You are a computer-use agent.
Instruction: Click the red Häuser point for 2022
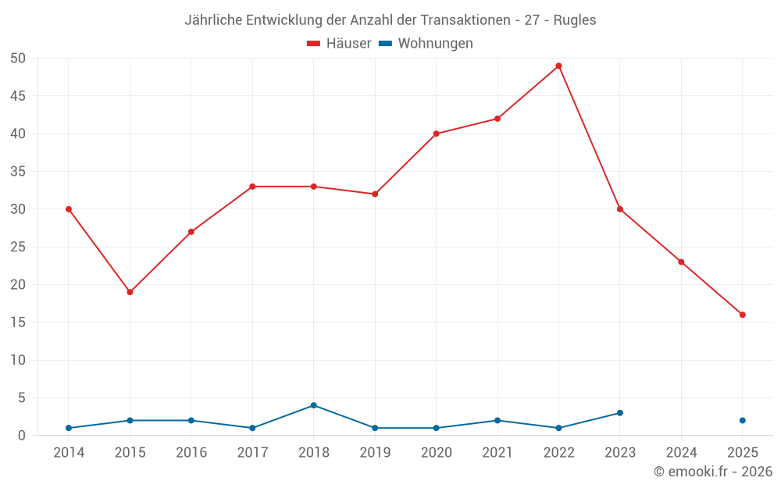coord(558,66)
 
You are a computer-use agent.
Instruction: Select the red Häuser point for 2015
coord(130,292)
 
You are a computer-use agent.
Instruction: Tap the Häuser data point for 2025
coord(742,315)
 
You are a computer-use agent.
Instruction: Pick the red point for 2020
coord(436,134)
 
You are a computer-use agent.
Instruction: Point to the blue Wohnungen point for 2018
coord(313,405)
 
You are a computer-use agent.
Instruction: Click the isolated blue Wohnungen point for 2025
coord(742,420)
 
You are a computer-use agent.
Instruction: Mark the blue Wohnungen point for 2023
coord(619,413)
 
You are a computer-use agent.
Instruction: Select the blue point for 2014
coord(69,428)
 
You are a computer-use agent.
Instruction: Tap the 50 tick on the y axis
coord(18,59)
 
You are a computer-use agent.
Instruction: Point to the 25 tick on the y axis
coord(18,247)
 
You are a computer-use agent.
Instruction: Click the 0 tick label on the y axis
coord(22,436)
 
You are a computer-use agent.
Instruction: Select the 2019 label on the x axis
coord(375,453)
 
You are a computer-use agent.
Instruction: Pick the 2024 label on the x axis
coord(681,453)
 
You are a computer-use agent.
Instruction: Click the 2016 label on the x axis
coord(191,453)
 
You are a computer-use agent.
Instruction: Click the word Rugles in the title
coord(575,20)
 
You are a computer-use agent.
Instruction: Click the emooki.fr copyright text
coord(712,472)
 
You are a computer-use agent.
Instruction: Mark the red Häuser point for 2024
coord(681,262)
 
